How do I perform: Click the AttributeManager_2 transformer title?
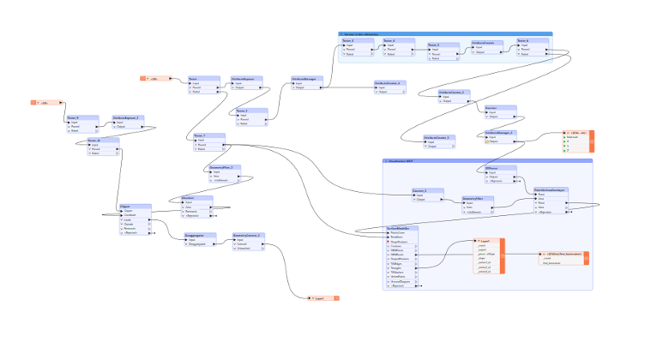coord(500,132)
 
